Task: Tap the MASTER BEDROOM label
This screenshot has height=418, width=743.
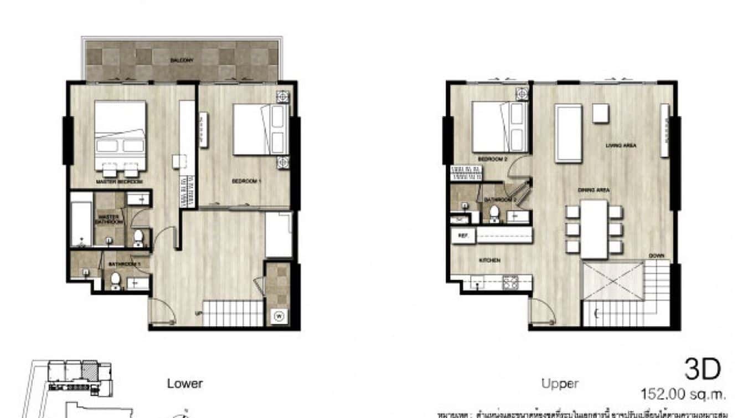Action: point(119,182)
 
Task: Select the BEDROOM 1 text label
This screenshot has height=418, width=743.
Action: point(246,181)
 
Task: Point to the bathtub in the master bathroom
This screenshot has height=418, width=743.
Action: point(81,220)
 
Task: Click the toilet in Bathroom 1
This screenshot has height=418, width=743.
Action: point(115,282)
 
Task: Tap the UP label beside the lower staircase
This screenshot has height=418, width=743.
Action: point(198,314)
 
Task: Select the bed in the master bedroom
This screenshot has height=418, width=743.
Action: point(120,133)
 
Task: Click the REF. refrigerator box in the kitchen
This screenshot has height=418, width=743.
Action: point(463,236)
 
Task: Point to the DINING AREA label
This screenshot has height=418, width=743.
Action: point(594,190)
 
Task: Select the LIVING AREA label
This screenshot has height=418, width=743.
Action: point(621,146)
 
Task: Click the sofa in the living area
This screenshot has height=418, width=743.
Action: point(569,133)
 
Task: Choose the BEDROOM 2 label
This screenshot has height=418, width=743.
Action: point(493,159)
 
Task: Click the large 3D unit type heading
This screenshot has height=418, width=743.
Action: point(703,369)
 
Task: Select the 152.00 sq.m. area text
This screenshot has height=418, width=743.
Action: point(683,395)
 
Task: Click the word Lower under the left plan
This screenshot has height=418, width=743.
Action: point(185,384)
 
